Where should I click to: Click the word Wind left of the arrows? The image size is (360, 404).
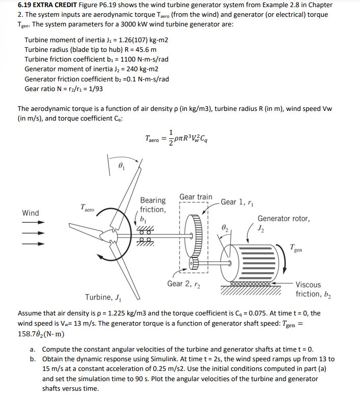tap(31, 213)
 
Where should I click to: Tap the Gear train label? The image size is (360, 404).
tap(196, 196)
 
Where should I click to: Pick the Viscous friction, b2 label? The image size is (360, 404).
tap(309, 290)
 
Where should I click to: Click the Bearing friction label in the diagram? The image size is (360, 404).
tap(153, 205)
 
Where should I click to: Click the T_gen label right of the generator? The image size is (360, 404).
tap(299, 248)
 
